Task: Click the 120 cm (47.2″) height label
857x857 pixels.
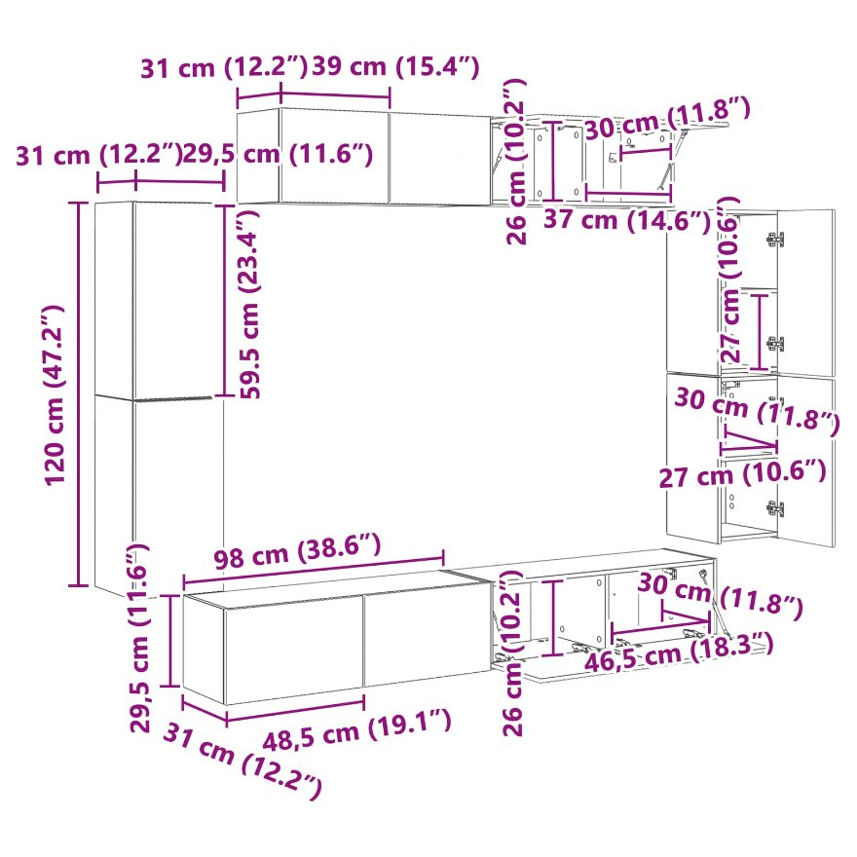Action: coord(55,394)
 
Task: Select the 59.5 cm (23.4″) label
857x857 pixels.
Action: coord(248,302)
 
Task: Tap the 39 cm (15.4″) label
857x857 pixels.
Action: coord(395,66)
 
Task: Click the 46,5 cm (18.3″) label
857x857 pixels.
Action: coord(680,652)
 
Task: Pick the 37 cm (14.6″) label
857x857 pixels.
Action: coord(627,220)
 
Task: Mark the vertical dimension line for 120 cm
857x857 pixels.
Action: coord(78,393)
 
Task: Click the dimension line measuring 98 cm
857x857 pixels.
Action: coord(314,570)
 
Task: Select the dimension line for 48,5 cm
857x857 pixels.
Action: coord(295,709)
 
